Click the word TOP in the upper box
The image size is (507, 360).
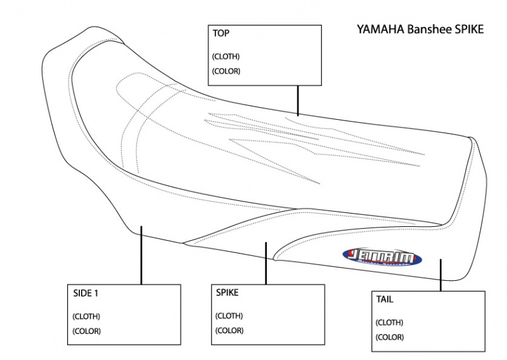coord(221,34)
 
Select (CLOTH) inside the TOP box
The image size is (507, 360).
coord(226,56)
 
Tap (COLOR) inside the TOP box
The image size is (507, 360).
coord(226,71)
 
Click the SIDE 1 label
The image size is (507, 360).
coord(86,293)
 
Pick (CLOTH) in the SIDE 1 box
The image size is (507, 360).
coord(86,316)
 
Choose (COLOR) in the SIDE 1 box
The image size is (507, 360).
coord(86,330)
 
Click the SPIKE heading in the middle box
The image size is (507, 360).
coord(228,293)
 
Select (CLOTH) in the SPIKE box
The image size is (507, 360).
coord(229,316)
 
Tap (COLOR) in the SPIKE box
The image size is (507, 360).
coord(229,330)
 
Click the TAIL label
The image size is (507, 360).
coord(385,300)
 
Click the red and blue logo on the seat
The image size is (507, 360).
coord(376,256)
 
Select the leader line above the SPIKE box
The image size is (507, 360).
coord(266,262)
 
